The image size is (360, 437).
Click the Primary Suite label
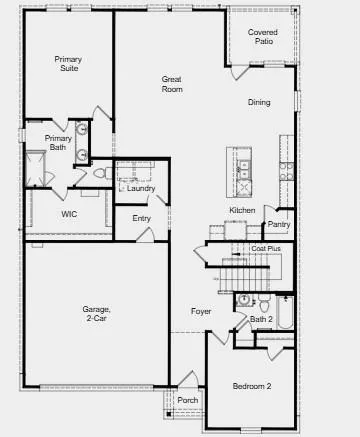coord(68,64)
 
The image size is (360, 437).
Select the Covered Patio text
coord(263,37)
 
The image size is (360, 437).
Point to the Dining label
coord(259,102)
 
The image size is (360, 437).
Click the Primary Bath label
coord(57,143)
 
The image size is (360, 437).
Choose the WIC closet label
coord(68,213)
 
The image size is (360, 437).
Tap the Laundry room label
coord(141,187)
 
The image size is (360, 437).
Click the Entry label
coord(141,218)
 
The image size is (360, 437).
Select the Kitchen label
coord(243,210)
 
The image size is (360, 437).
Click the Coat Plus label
coord(265,248)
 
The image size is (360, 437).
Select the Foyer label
coord(201,311)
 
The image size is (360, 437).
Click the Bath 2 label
coord(261,320)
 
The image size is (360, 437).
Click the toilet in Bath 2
coord(243,301)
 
